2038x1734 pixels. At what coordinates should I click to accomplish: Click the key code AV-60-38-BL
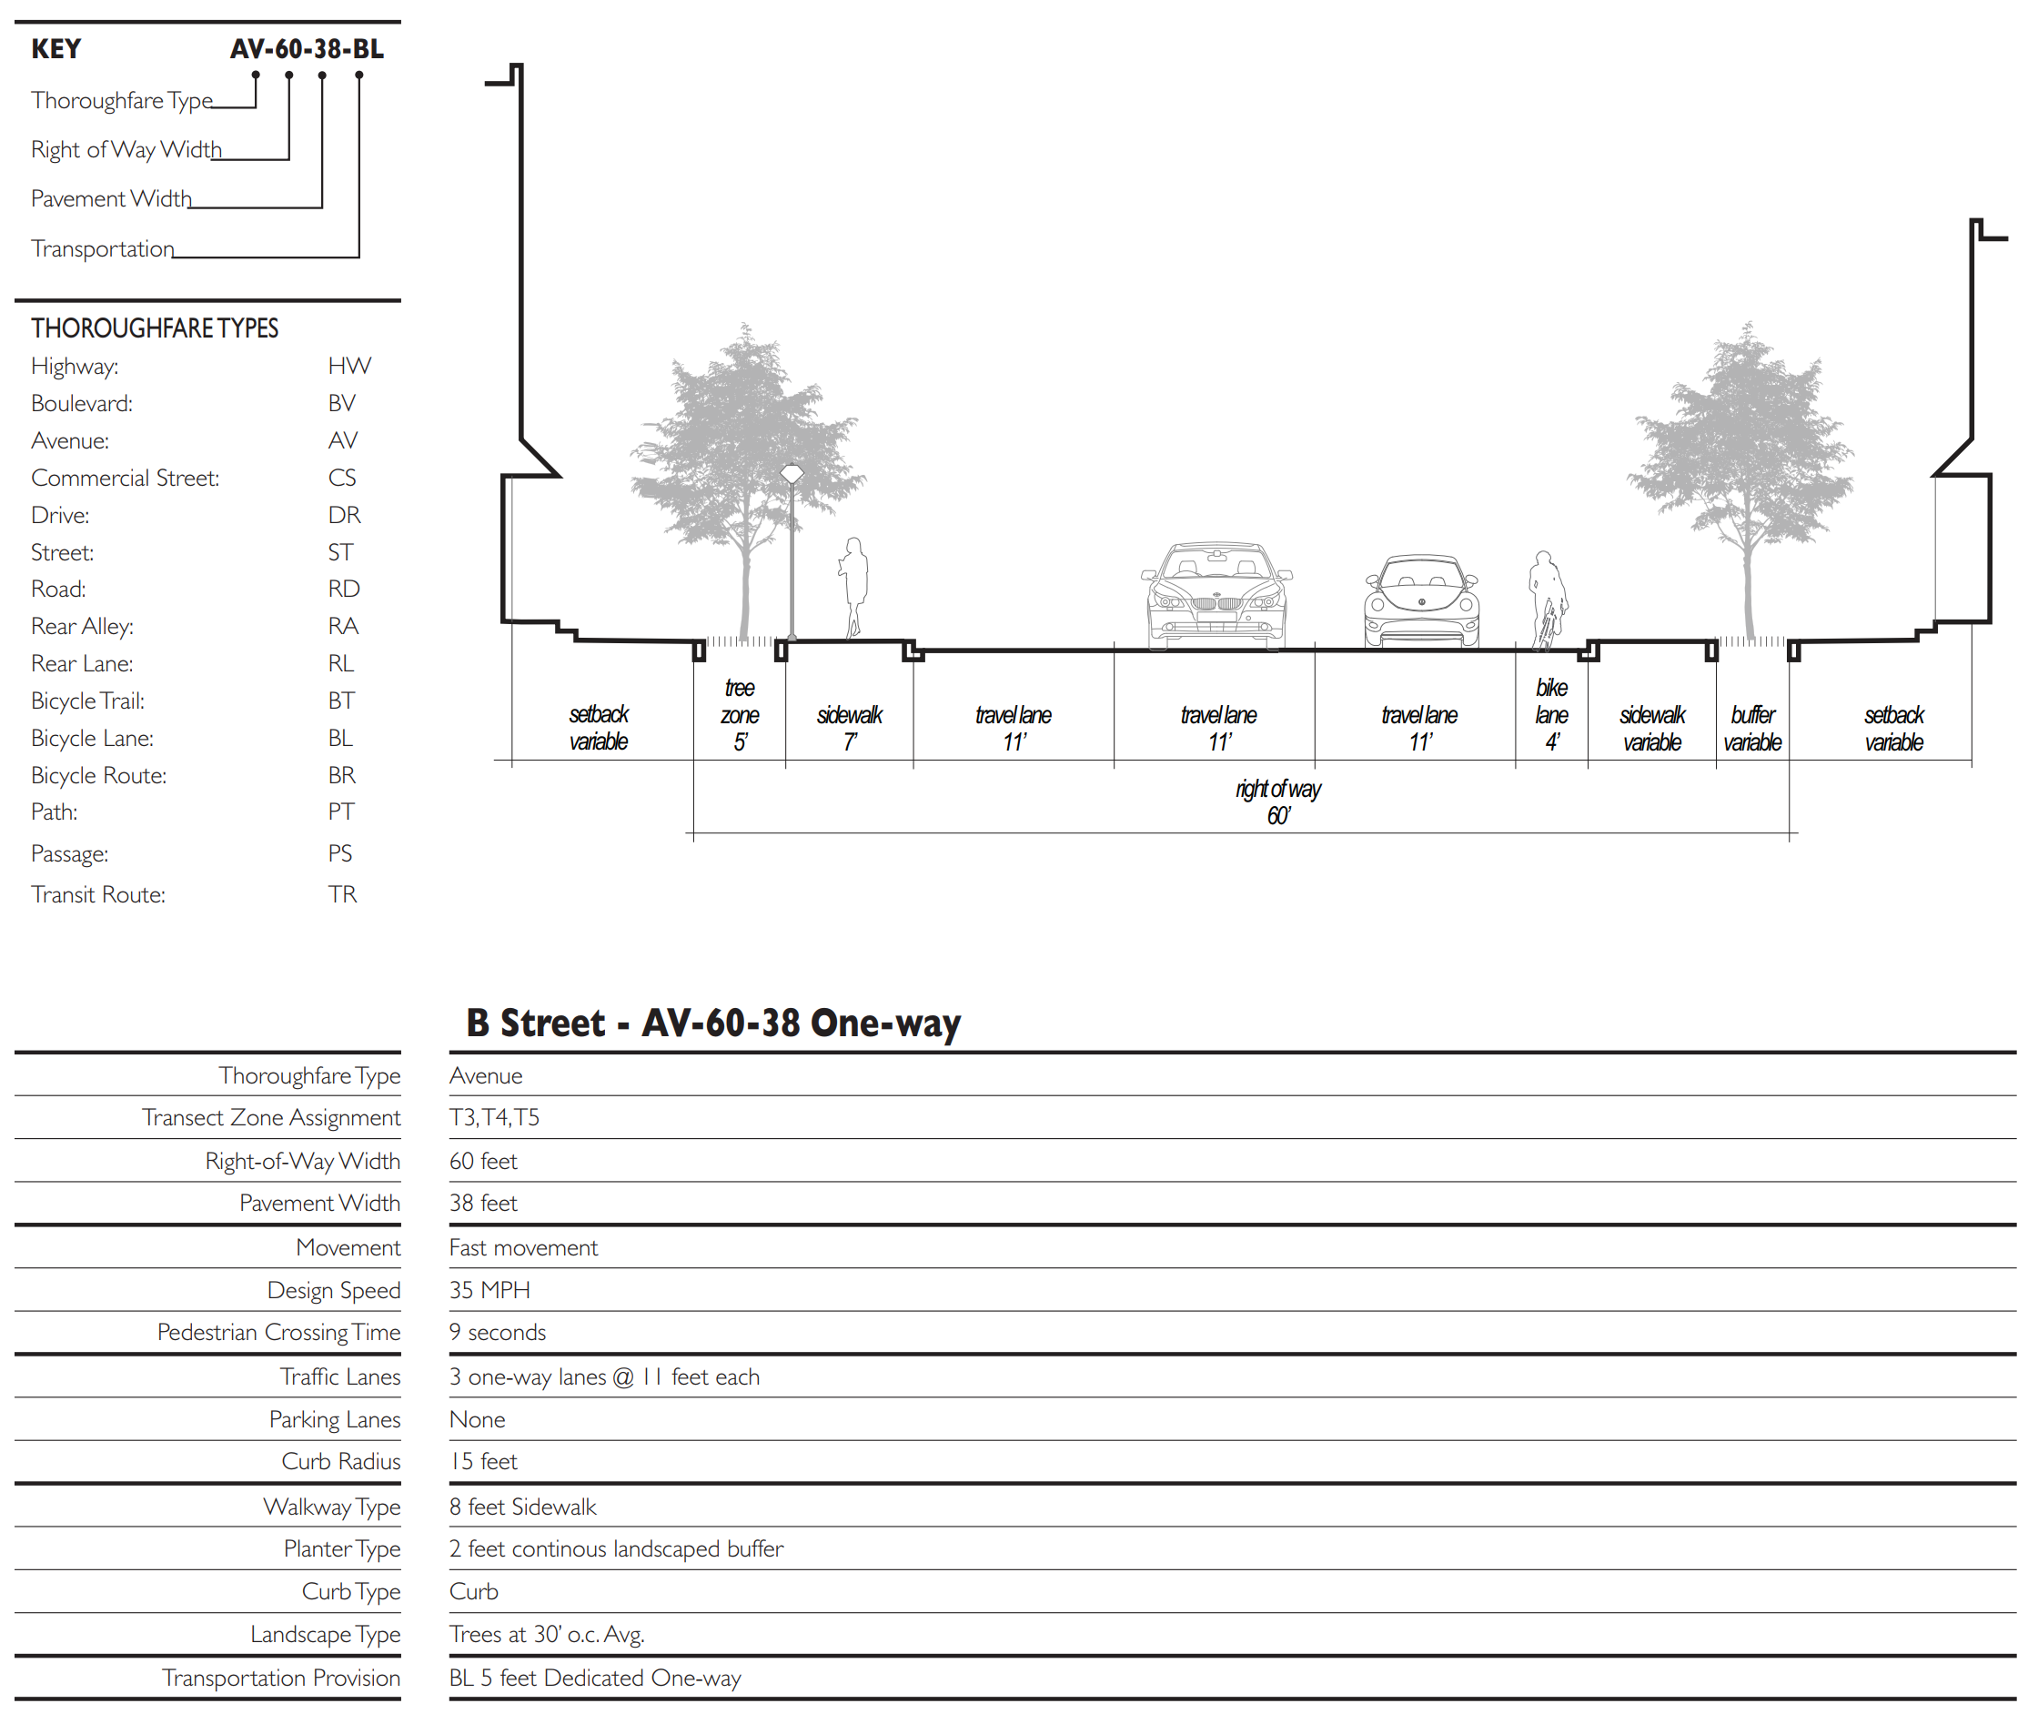click(x=306, y=48)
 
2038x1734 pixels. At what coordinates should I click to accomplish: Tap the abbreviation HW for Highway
click(x=348, y=366)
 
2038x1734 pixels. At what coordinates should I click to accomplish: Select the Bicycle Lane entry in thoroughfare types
click(x=93, y=738)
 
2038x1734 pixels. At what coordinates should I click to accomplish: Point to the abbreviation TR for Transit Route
click(x=341, y=894)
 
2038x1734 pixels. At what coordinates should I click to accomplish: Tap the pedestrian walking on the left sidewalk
click(x=853, y=586)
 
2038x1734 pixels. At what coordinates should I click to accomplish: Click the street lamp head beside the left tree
click(x=792, y=475)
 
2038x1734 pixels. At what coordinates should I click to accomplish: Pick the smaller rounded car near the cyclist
click(x=1420, y=601)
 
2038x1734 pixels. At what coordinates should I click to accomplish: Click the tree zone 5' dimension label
click(x=740, y=715)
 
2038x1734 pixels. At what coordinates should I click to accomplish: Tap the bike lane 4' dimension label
click(x=1550, y=715)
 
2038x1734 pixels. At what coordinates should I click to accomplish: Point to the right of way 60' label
click(x=1277, y=802)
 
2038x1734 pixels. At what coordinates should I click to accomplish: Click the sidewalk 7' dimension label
click(x=850, y=728)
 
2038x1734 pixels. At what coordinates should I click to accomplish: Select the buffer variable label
click(x=1752, y=728)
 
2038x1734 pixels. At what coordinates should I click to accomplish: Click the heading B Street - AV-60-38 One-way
click(x=712, y=1023)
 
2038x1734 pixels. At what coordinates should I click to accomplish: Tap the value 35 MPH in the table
click(x=489, y=1290)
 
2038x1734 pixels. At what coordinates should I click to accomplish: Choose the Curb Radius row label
click(x=340, y=1462)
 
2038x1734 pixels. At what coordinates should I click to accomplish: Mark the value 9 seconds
click(x=497, y=1332)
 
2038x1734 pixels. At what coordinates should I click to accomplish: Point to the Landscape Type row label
click(x=325, y=1635)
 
